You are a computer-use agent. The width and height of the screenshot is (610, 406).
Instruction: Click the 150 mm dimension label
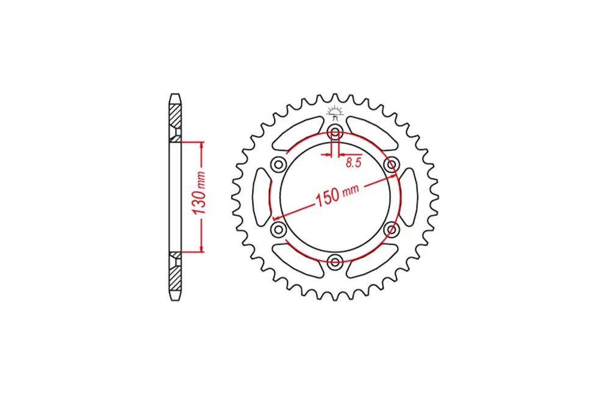(x=337, y=195)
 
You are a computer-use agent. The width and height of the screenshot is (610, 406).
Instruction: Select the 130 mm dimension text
(x=200, y=193)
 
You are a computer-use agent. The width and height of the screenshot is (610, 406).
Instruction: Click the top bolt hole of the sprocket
(x=335, y=130)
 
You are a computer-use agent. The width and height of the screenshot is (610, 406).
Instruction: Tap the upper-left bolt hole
(x=279, y=165)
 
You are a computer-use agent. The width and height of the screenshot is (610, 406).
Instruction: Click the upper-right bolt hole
(x=392, y=164)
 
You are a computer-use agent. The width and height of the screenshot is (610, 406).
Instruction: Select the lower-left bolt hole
(x=279, y=229)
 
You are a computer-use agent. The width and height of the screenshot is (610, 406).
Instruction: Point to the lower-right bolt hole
(x=392, y=229)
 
